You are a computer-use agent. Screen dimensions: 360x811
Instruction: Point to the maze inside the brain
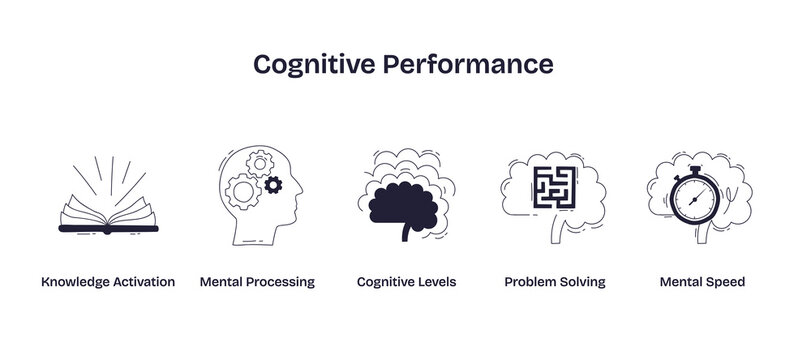[555, 186]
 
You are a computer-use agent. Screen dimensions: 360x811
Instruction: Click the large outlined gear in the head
[243, 189]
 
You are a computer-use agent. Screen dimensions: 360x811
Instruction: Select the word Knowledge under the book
[75, 282]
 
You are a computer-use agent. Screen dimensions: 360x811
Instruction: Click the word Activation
[144, 282]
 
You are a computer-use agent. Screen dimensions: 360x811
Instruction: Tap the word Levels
[436, 282]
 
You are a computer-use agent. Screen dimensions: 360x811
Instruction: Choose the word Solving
[584, 282]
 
